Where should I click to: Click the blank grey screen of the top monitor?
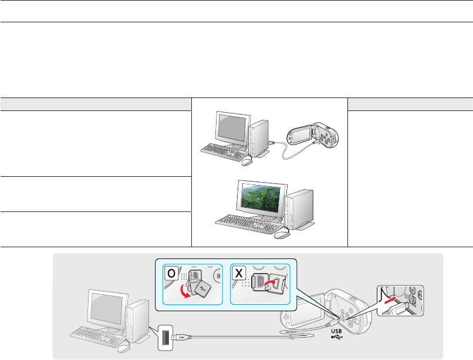click(232, 126)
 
